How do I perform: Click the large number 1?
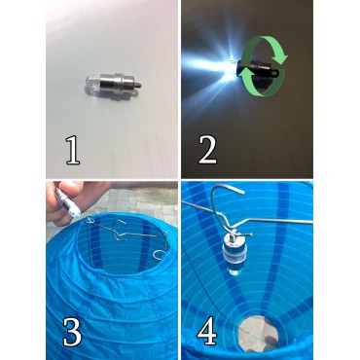point(73,150)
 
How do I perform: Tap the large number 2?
point(207,150)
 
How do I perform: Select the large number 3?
point(72,332)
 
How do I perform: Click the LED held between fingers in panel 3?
point(68,202)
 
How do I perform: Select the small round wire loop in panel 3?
point(159,255)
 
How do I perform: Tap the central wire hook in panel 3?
point(120,234)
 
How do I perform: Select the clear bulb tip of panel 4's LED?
point(234,270)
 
